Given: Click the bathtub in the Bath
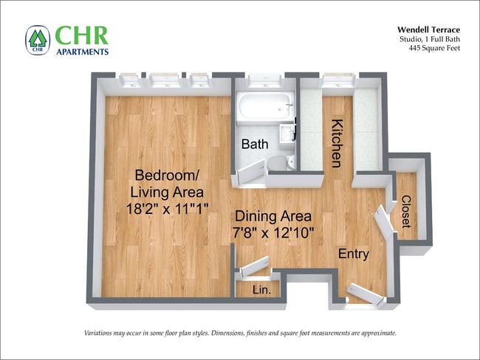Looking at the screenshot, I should pyautogui.click(x=264, y=109).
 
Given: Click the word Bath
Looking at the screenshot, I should pyautogui.click(x=254, y=145).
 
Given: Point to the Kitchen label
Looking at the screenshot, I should pyautogui.click(x=337, y=142).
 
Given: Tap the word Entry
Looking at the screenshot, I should pyautogui.click(x=353, y=254).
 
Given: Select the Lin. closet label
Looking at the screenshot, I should pyautogui.click(x=261, y=290).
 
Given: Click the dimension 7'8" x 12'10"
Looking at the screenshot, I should pyautogui.click(x=273, y=234).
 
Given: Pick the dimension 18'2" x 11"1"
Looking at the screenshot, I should pyautogui.click(x=166, y=210).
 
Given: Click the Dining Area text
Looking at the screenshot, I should pyautogui.click(x=272, y=217).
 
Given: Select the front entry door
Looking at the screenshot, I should pyautogui.click(x=366, y=293).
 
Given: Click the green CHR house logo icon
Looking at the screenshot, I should pyautogui.click(x=37, y=40).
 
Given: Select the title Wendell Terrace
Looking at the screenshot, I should pyautogui.click(x=428, y=30).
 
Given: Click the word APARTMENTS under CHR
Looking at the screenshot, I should pyautogui.click(x=81, y=52).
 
